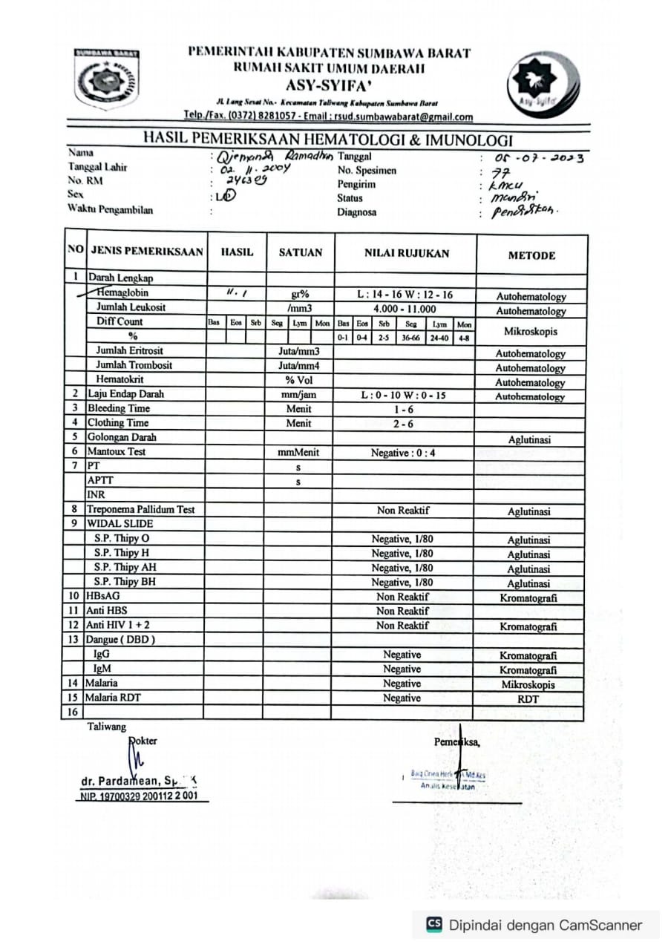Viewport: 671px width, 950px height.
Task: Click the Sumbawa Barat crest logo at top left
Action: point(106,78)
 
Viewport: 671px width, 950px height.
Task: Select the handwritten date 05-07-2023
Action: point(540,157)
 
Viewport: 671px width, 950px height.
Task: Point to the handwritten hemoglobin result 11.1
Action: point(235,294)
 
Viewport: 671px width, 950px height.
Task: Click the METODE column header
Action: point(531,255)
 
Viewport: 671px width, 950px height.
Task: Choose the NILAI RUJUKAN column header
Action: point(406,253)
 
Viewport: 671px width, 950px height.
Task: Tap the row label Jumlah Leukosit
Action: point(131,307)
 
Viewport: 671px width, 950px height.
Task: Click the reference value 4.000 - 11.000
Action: point(405,309)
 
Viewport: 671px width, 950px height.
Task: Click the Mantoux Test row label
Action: point(117,451)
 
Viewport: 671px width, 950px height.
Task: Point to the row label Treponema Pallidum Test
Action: point(141,510)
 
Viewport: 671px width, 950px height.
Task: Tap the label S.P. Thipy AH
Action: point(125,567)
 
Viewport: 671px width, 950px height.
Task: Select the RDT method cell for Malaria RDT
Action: point(529,698)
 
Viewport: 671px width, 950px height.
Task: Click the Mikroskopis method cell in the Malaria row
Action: point(529,684)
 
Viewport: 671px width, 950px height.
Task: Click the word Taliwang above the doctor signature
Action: point(107,727)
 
